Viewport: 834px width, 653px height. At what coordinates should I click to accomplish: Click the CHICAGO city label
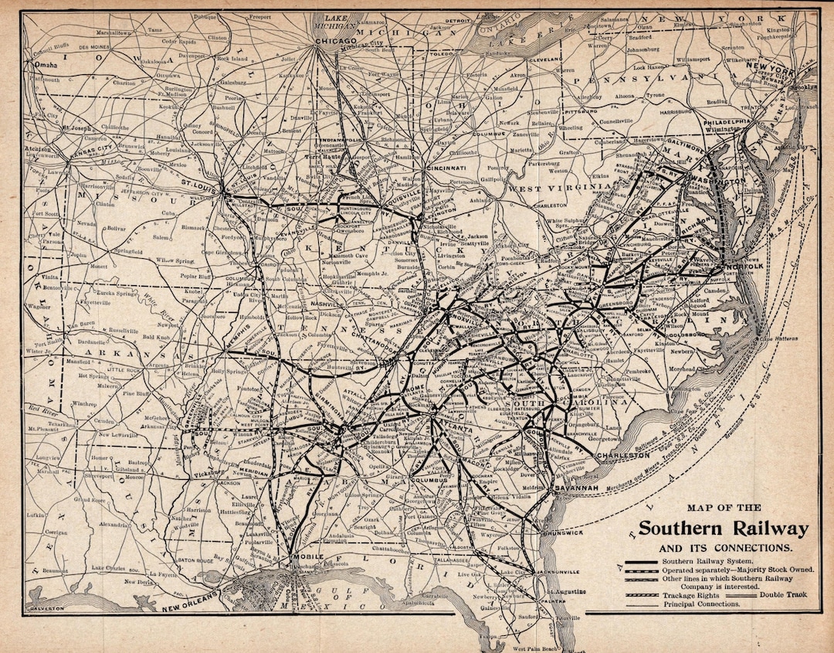(335, 40)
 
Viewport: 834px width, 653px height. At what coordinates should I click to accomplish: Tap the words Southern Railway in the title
(723, 529)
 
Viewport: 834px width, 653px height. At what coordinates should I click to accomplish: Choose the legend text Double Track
(785, 594)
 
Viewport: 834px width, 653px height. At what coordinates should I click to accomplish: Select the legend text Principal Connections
(700, 604)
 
